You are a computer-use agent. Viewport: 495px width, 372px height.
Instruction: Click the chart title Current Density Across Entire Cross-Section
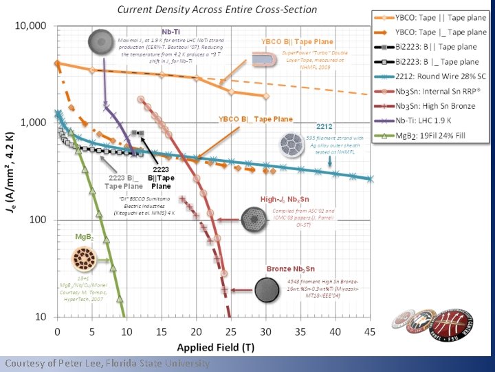(217, 10)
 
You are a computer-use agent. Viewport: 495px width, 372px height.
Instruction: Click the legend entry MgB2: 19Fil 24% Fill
(432, 134)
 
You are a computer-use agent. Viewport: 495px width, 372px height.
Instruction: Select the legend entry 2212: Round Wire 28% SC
(437, 78)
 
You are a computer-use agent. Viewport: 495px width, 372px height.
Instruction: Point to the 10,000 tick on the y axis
(31, 25)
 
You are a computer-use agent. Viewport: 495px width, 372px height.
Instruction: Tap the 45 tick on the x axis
(370, 331)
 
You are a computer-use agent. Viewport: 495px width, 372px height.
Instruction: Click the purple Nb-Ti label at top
(170, 32)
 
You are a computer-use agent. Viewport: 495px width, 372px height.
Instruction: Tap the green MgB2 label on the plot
(85, 236)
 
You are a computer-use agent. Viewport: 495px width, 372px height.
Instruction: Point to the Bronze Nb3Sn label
(290, 269)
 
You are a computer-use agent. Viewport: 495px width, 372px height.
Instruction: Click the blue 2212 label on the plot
(324, 127)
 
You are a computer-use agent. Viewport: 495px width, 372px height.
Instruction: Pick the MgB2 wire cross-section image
(85, 260)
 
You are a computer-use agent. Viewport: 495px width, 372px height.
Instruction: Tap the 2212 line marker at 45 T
(371, 179)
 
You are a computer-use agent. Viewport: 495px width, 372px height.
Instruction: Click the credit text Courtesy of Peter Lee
(107, 363)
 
